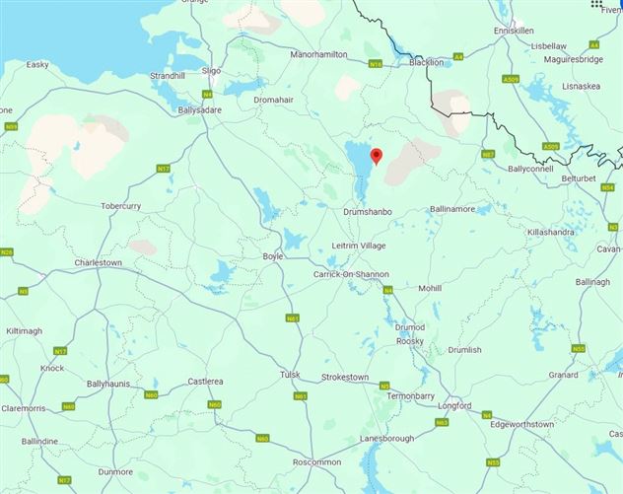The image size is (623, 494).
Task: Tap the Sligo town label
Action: point(211,71)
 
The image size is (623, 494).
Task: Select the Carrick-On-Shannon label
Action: point(351,274)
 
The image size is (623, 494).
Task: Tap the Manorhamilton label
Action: point(318,54)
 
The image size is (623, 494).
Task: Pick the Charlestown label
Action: point(98,263)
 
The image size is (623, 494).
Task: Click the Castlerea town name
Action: point(205,381)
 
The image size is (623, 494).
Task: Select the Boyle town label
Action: point(272,255)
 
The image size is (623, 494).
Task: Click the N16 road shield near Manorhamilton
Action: point(374,64)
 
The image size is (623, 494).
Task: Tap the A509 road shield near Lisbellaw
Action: point(510,79)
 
